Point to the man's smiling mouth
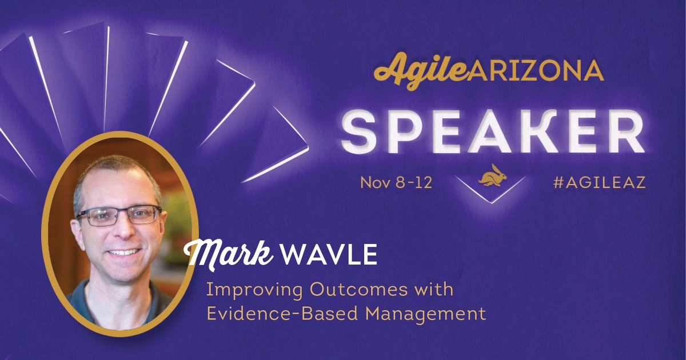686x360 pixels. tap(123, 251)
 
